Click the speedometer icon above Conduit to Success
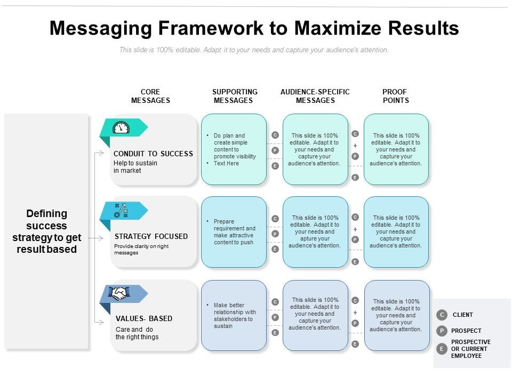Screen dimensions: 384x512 coord(121,128)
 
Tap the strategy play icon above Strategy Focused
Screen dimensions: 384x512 coord(121,210)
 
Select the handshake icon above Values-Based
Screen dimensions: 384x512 coord(120,293)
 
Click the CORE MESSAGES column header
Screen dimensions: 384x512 coord(150,96)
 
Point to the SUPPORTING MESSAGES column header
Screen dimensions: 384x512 coord(234,96)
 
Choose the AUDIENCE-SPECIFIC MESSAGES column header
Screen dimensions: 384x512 coord(315,96)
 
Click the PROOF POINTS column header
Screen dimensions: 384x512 coord(395,96)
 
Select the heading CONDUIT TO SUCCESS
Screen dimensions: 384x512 coord(153,154)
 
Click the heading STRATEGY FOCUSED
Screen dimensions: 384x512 coord(151,236)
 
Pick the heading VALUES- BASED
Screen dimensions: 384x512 coord(144,318)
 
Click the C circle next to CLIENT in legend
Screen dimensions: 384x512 coord(442,315)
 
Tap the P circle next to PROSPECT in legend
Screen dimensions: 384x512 coord(442,331)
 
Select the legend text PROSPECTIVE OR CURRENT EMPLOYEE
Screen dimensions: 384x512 coord(470,349)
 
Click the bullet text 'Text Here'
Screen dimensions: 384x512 coord(226,163)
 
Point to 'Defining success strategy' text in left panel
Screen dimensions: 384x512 coord(47,231)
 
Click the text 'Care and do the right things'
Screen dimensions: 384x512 coord(137,333)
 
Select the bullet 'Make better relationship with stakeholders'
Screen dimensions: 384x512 coord(235,315)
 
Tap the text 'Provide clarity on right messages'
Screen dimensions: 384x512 coord(141,249)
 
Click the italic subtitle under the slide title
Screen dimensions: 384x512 coord(254,50)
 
